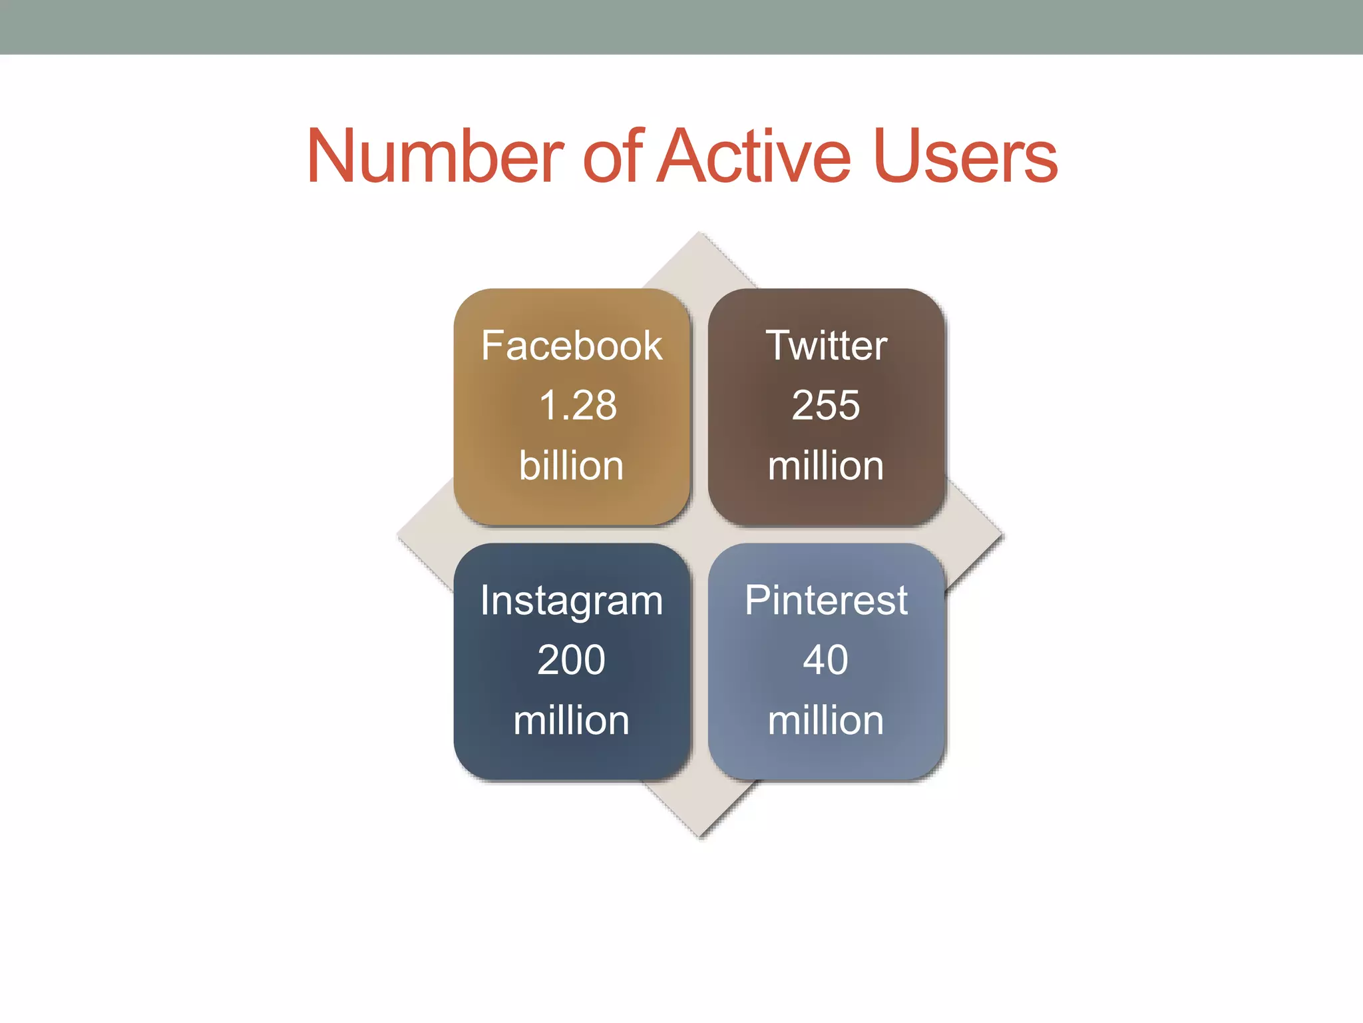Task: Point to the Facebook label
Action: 572,346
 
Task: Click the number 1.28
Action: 577,405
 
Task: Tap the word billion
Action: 571,465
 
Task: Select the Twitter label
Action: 826,346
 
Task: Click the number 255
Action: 825,405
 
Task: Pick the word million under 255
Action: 825,465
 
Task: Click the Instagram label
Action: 572,601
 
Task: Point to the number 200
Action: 571,660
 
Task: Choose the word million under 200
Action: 571,720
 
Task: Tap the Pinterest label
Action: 826,600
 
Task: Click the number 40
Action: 825,660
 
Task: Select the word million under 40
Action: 825,720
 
